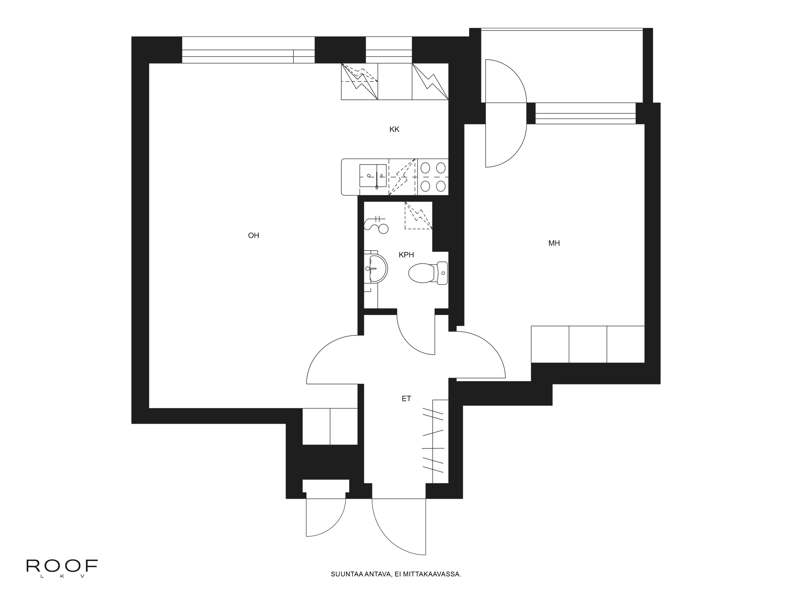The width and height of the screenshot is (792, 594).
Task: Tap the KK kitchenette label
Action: (394, 129)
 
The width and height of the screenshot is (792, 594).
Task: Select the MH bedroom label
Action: (554, 243)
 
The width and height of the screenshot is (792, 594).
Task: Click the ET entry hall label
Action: (406, 399)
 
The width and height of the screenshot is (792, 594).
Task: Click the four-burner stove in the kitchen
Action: (433, 177)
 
